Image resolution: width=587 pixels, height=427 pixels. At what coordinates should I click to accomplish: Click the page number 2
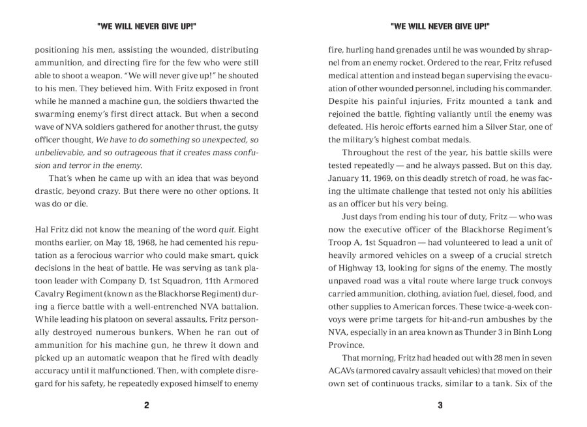146,405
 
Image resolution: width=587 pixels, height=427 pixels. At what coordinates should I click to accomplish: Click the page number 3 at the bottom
440,405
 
